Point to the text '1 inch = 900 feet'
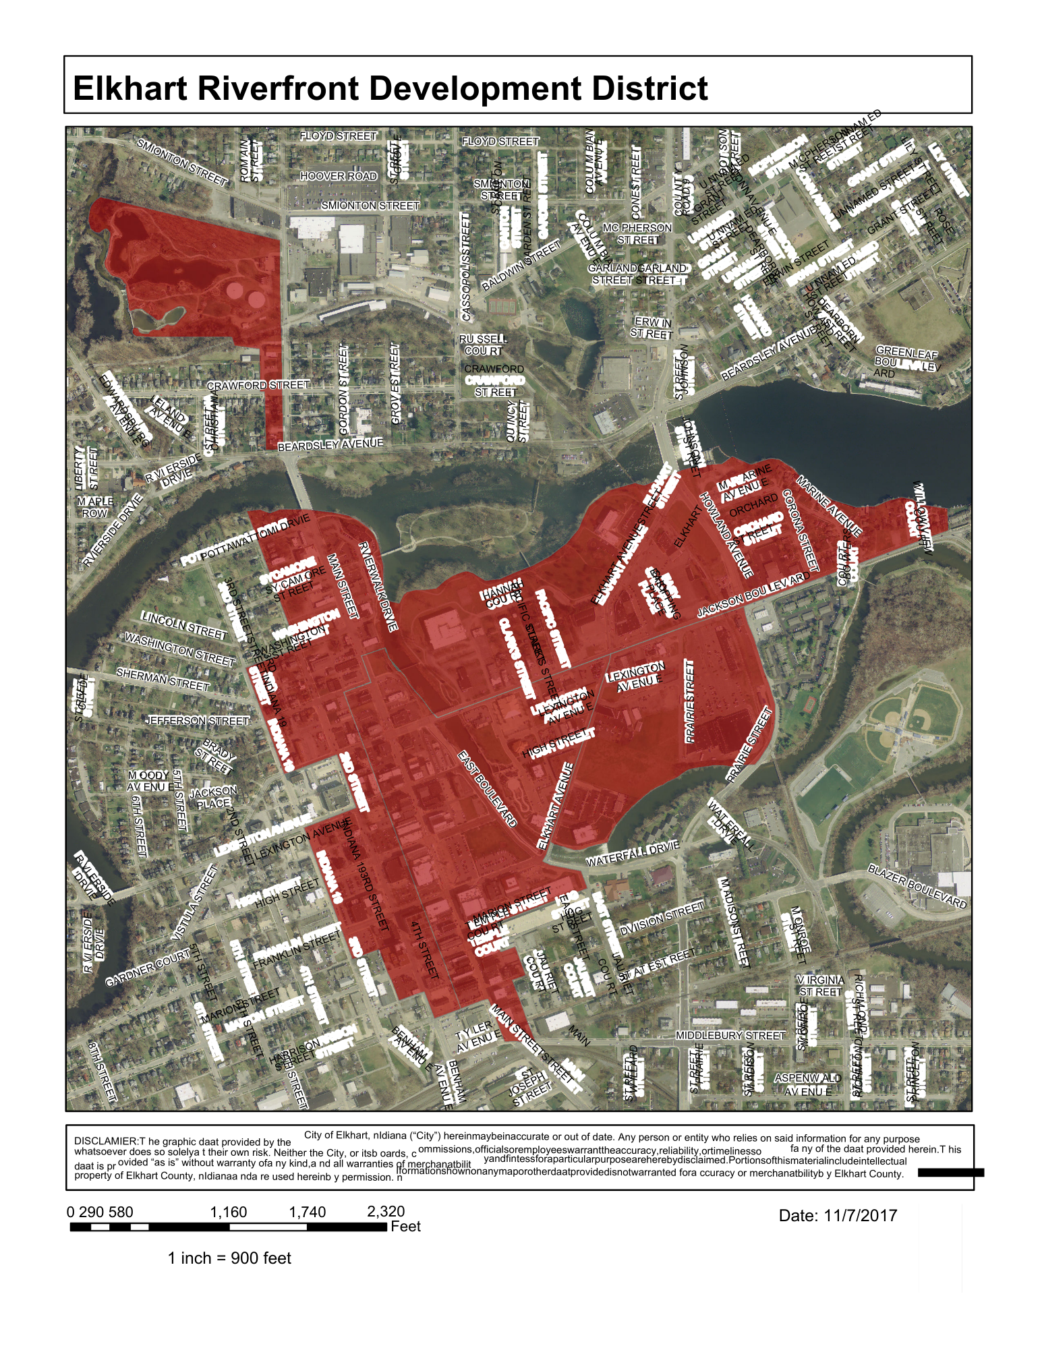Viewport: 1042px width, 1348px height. click(x=229, y=1258)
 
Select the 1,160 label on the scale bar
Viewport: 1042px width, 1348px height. click(x=229, y=1212)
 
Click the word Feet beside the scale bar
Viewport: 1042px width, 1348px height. click(x=405, y=1226)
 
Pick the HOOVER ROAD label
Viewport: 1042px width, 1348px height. click(x=339, y=176)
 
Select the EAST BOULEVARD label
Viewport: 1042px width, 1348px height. click(x=488, y=788)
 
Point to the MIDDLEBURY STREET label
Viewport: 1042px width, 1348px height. click(x=730, y=1035)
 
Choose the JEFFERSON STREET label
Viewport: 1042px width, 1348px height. click(x=198, y=721)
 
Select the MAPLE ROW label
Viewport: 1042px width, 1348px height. click(x=94, y=507)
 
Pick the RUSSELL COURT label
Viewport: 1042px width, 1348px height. click(x=483, y=345)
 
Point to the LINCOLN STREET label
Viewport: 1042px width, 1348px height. click(x=184, y=624)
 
